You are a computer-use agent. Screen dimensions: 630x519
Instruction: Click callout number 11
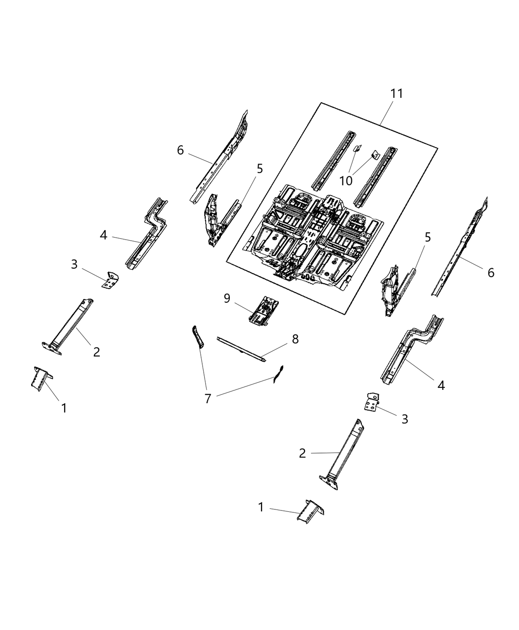pos(396,93)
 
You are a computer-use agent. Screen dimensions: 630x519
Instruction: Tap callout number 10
pos(346,181)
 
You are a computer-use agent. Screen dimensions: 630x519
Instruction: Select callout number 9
pos(227,298)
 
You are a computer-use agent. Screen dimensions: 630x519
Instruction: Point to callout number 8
pos(295,339)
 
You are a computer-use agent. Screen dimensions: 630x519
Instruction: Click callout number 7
pos(208,398)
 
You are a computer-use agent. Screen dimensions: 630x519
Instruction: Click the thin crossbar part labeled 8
pos(242,349)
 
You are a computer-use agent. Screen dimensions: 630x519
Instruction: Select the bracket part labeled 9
pos(265,311)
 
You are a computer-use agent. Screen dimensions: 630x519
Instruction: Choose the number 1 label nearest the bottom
pos(261,507)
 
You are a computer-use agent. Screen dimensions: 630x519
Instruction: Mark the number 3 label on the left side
pos(74,264)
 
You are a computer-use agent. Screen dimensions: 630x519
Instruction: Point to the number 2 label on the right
pos(303,453)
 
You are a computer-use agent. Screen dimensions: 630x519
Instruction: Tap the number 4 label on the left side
pos(103,235)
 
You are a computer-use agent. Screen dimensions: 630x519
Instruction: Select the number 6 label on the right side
pos(490,272)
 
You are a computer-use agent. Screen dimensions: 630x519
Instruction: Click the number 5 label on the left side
pos(259,169)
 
